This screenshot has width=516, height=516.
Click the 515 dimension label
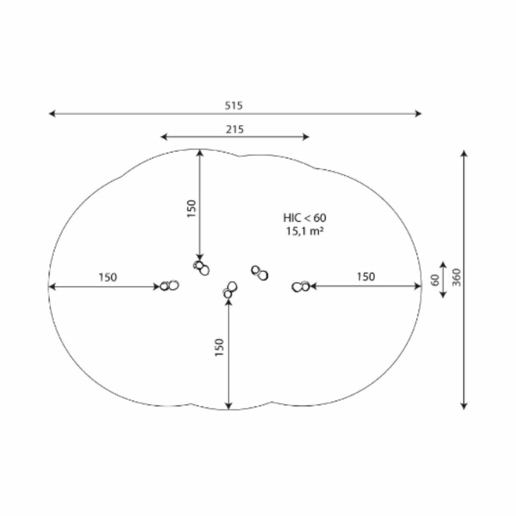(234, 105)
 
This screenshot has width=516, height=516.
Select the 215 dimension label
(234, 130)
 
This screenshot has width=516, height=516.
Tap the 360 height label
(457, 277)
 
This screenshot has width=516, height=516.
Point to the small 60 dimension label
(435, 280)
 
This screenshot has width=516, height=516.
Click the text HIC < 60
(305, 218)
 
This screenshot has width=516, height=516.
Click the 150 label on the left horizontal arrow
(108, 277)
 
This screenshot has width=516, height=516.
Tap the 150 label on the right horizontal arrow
(366, 277)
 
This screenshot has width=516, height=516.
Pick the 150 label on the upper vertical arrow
(191, 208)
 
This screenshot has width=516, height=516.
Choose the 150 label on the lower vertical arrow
(219, 347)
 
